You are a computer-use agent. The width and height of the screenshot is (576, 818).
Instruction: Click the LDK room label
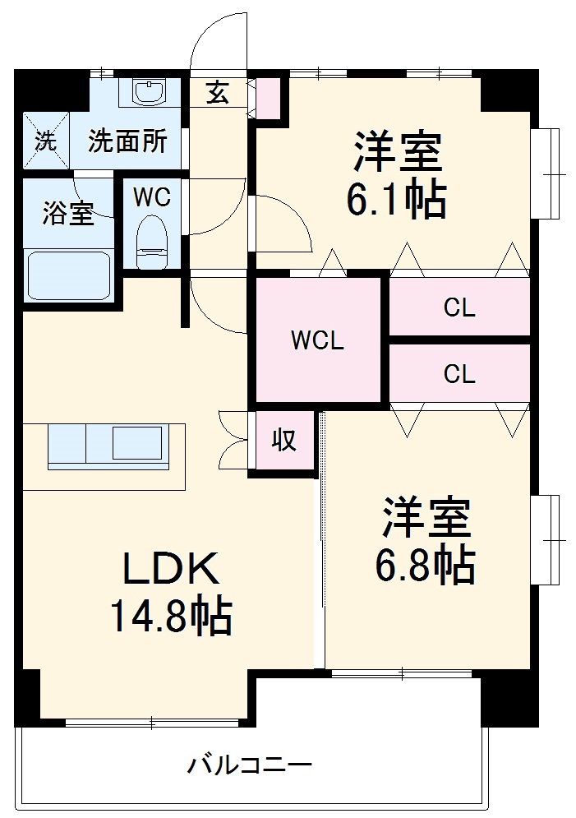point(170,568)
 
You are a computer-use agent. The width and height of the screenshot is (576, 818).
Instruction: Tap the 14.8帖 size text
point(170,616)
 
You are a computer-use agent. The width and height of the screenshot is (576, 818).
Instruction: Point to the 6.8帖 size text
point(425,566)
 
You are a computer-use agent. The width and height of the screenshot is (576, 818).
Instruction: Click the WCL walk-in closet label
point(316,340)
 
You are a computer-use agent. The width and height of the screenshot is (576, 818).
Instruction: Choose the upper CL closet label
point(459,307)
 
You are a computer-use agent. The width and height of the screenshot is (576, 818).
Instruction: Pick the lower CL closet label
point(459,374)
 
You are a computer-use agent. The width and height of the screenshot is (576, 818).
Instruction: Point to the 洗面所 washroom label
point(127,141)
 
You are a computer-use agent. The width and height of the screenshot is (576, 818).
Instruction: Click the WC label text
point(152,197)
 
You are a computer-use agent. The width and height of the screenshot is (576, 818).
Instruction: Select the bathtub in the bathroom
point(68,275)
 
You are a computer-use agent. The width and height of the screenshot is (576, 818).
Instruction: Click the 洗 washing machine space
point(45,141)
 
